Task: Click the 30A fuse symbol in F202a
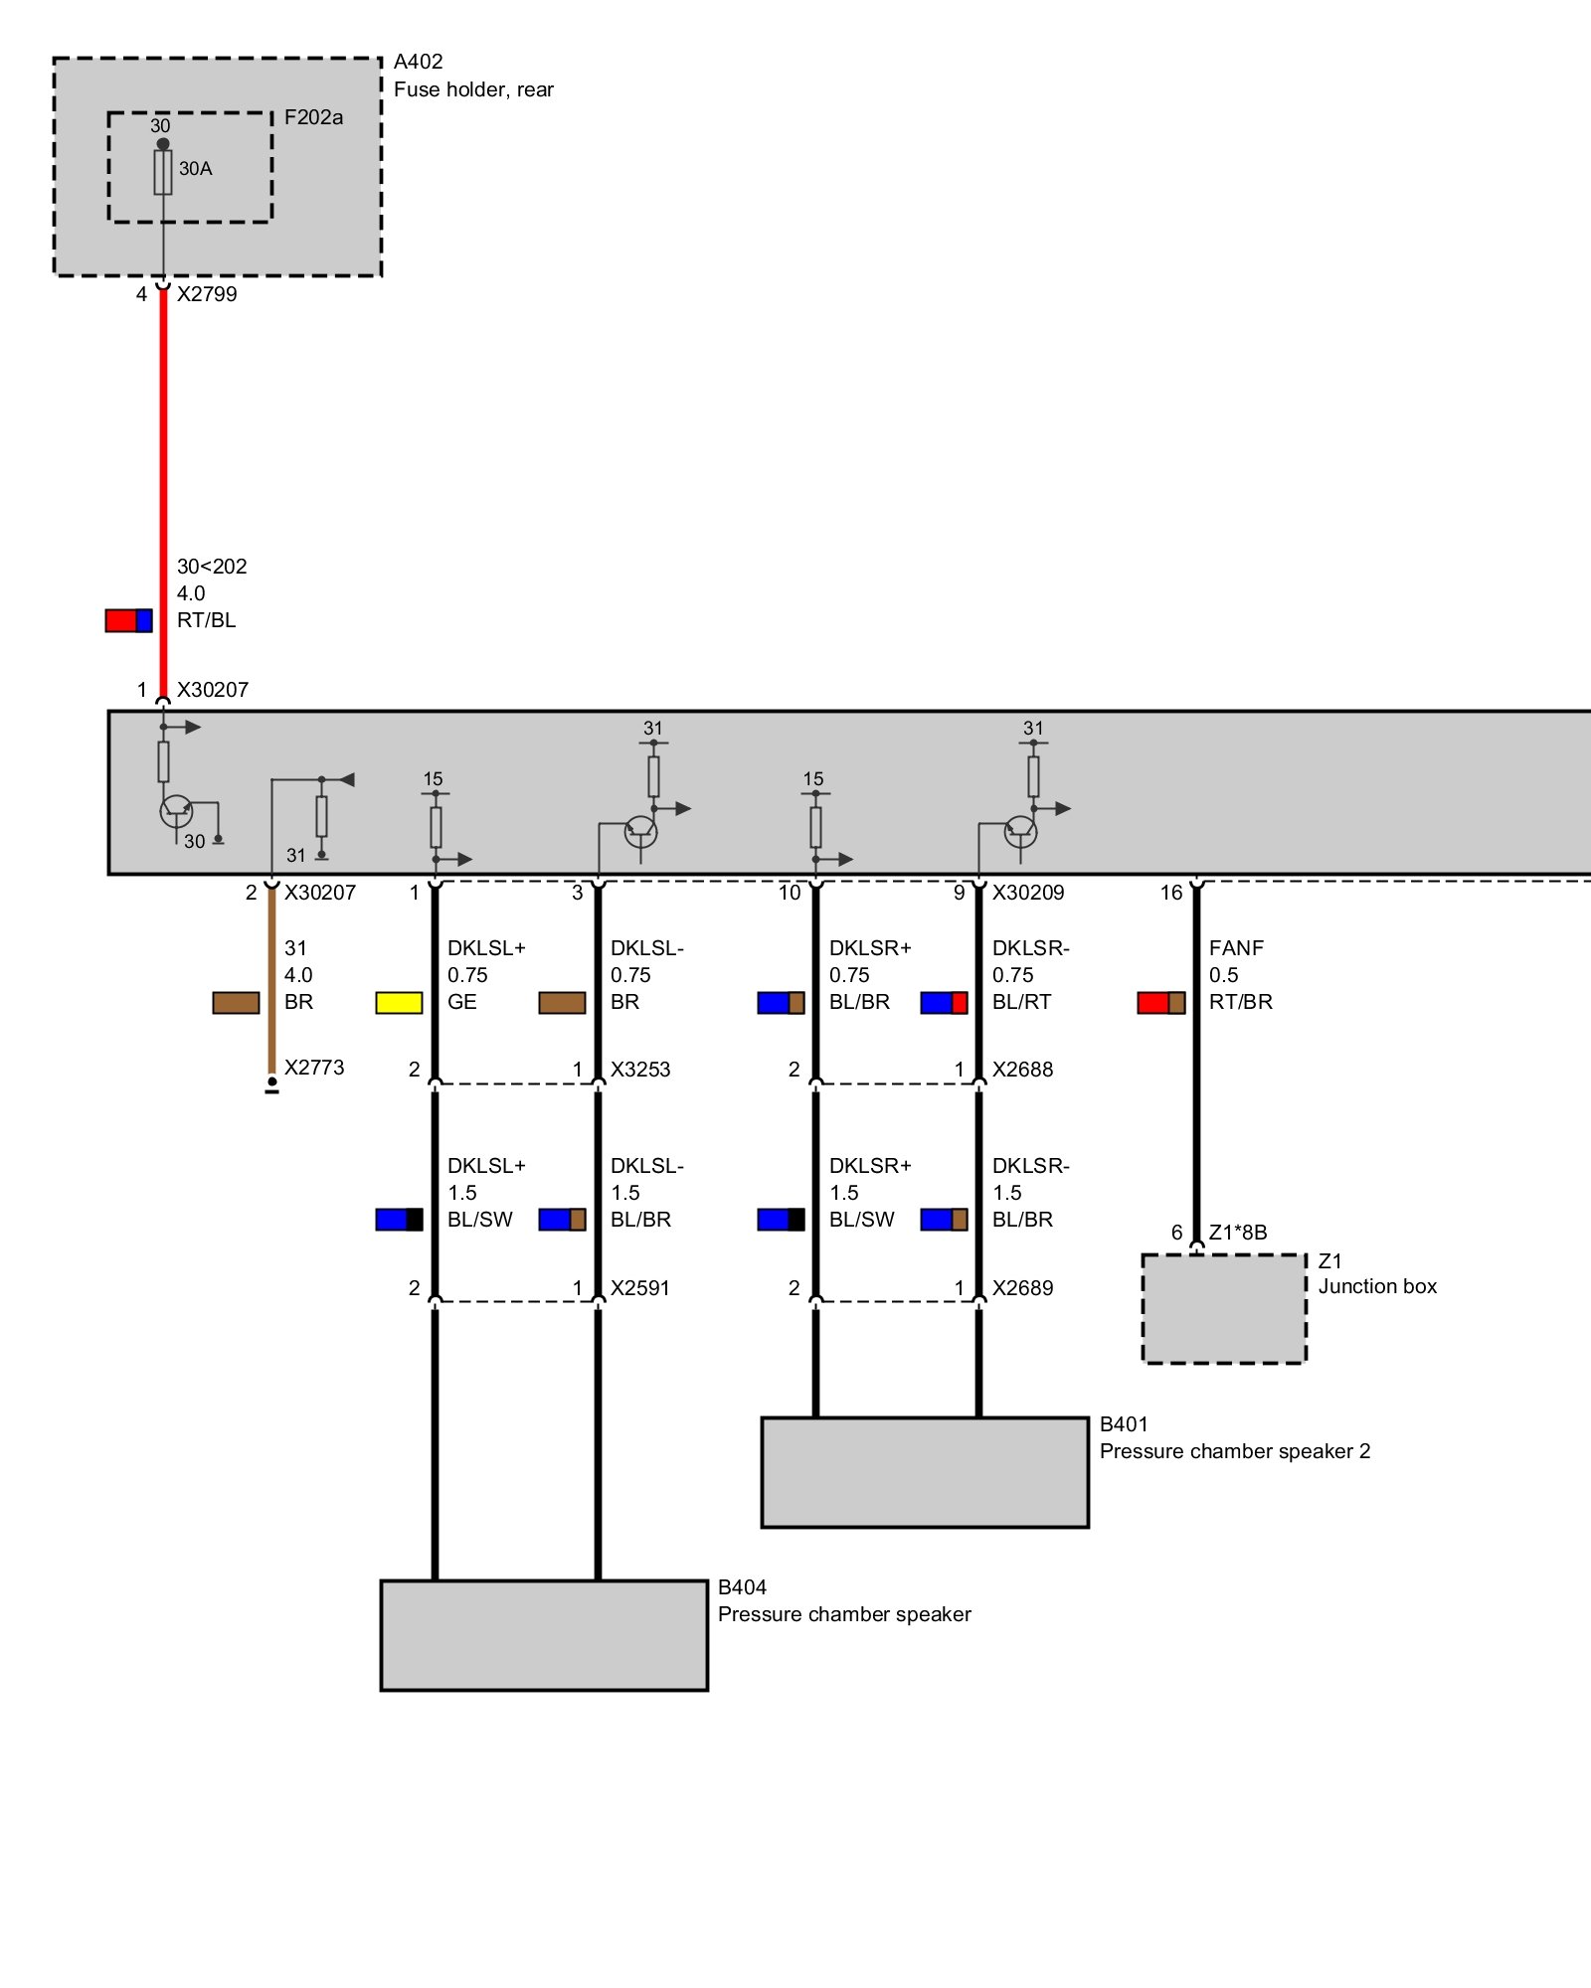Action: [163, 172]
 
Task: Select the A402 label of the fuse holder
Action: [418, 62]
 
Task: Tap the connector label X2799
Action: [207, 294]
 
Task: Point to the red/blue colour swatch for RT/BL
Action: [129, 620]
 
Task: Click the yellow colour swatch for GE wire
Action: [399, 1003]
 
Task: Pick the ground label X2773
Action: [314, 1068]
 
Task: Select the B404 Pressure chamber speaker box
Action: [544, 1635]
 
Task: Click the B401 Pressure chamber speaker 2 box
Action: [925, 1472]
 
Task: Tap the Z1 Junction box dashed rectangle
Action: [1224, 1308]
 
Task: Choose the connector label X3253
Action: [640, 1070]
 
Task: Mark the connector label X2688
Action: [1022, 1070]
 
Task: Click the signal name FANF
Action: [1236, 948]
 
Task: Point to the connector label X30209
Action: [1028, 893]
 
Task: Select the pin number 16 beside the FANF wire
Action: [1171, 893]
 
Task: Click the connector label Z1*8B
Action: [1238, 1233]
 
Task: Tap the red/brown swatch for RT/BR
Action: [1161, 1003]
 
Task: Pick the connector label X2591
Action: [640, 1288]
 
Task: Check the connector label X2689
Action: [1022, 1288]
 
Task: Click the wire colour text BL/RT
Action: [1021, 1002]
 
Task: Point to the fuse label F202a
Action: [313, 117]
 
